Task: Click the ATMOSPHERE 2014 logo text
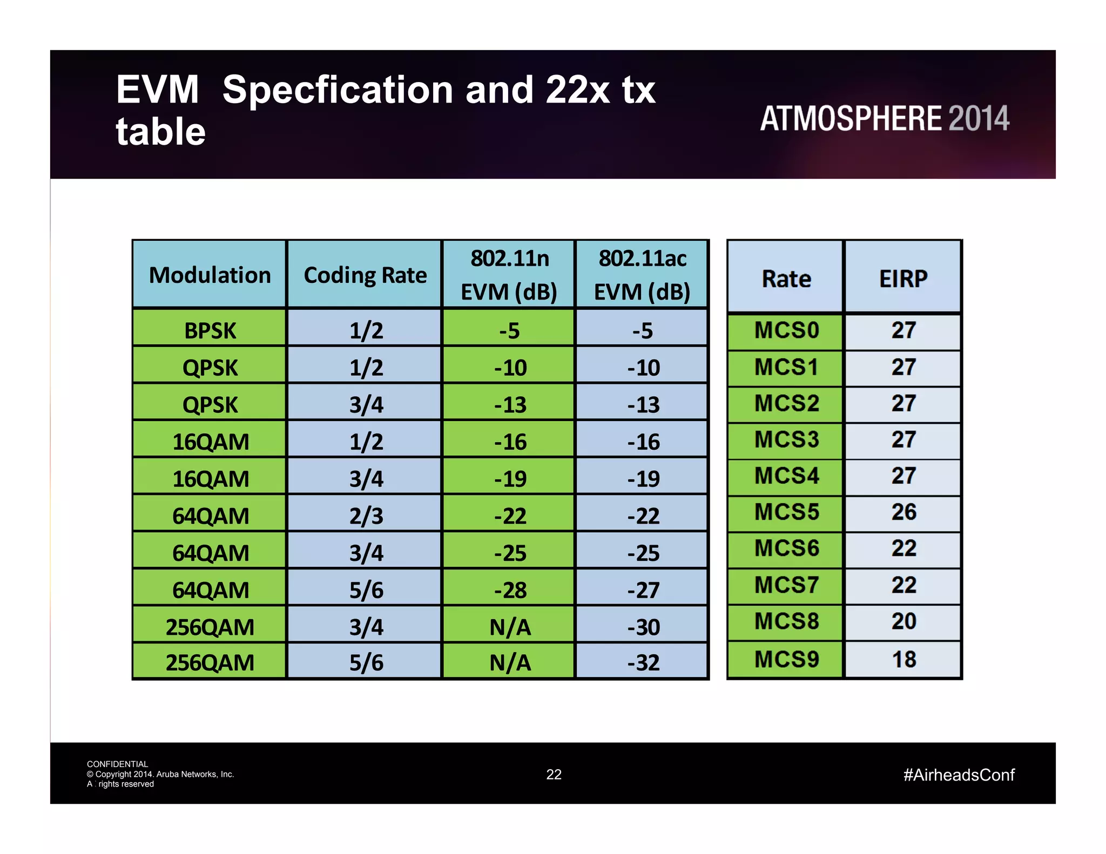[x=884, y=118]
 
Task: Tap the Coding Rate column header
[x=365, y=275]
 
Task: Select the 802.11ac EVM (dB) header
[x=642, y=275]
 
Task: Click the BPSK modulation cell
[x=210, y=330]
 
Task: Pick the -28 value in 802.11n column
[x=510, y=590]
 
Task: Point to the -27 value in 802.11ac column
[x=643, y=590]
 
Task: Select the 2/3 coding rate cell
[x=366, y=516]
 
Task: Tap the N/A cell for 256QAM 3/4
[x=510, y=627]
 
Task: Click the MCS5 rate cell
[x=786, y=512]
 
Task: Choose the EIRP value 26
[x=903, y=512]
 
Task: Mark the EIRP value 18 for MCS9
[x=903, y=660]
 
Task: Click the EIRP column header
[x=903, y=279]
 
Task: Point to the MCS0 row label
[x=786, y=330]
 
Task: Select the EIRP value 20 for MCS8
[x=903, y=621]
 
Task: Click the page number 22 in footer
[x=554, y=775]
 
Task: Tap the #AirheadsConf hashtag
[x=959, y=775]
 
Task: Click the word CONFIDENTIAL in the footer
[x=117, y=764]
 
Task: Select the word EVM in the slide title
[x=158, y=90]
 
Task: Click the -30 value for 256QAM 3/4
[x=643, y=627]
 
